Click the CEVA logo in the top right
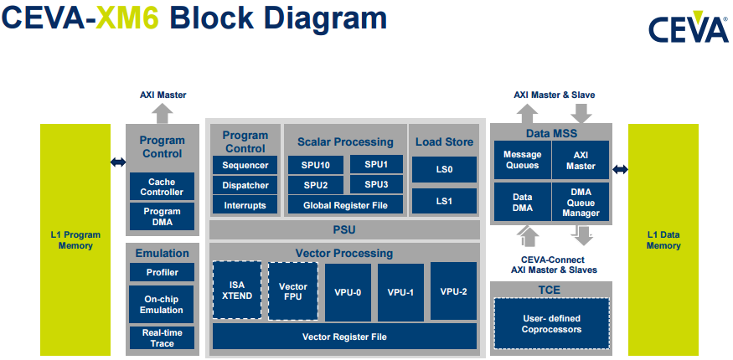pyautogui.click(x=688, y=28)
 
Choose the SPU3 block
pyautogui.click(x=376, y=184)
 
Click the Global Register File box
pyautogui.click(x=345, y=204)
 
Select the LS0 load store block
pyautogui.click(x=444, y=169)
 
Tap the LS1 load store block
pyautogui.click(x=444, y=201)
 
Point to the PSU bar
pyautogui.click(x=344, y=229)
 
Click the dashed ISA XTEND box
pyautogui.click(x=237, y=291)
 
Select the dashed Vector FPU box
pyautogui.click(x=293, y=291)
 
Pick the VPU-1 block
pyautogui.click(x=400, y=292)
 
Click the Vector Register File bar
pyautogui.click(x=344, y=337)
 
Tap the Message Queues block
pyautogui.click(x=521, y=160)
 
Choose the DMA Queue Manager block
pyautogui.click(x=581, y=202)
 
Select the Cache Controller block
pyautogui.click(x=162, y=187)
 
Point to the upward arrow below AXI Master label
pyautogui.click(x=163, y=113)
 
